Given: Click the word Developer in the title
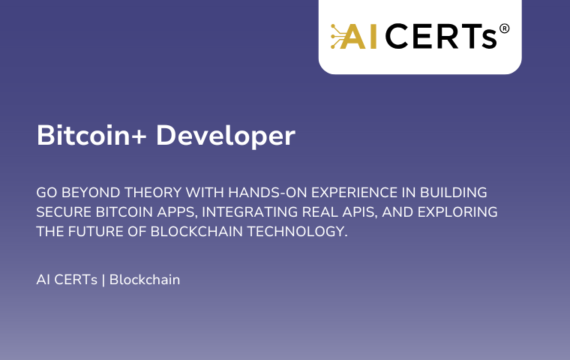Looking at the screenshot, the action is [x=226, y=136].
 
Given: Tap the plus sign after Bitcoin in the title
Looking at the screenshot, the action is [x=139, y=136].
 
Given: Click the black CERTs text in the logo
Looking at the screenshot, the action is [x=441, y=36].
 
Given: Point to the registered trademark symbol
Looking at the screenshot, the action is [x=504, y=28].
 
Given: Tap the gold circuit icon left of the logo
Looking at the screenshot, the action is [x=338, y=36].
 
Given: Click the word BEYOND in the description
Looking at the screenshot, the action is [x=91, y=192].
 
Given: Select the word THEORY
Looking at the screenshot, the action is [x=153, y=192].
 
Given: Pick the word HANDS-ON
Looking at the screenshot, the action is [x=268, y=192].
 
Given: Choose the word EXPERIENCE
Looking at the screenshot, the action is [x=355, y=192].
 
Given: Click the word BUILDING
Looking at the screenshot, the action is [x=454, y=192].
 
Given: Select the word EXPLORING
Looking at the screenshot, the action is [x=457, y=212].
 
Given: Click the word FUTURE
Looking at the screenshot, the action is [x=95, y=232].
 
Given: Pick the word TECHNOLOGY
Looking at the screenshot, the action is [x=297, y=232].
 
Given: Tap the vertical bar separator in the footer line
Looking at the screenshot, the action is [x=103, y=280].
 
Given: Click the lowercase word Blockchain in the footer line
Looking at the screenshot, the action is [x=145, y=280].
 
